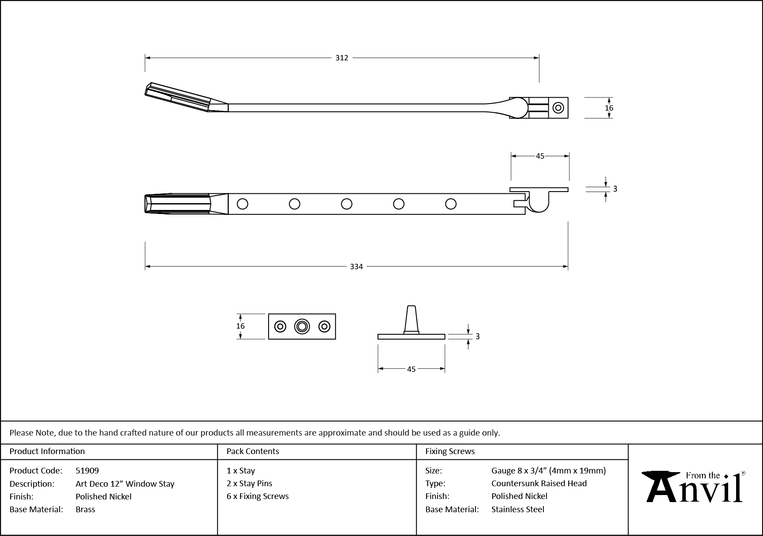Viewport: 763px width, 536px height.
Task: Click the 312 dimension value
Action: (342, 58)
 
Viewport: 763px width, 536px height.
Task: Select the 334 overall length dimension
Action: (356, 266)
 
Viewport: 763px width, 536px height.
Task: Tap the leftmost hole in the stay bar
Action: (242, 204)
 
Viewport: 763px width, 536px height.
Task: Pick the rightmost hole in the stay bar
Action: (451, 204)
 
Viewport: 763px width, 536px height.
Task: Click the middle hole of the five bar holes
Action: (347, 204)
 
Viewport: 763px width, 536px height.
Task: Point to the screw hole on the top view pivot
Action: (558, 108)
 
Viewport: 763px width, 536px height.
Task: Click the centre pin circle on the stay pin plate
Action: (302, 326)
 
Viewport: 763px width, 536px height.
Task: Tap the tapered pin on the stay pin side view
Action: (411, 319)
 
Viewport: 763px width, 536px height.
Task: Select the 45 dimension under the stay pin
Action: (411, 369)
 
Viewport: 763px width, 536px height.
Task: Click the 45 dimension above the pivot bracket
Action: (540, 156)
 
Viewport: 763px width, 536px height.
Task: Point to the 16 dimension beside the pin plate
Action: (240, 326)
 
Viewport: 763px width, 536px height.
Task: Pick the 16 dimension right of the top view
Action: (609, 108)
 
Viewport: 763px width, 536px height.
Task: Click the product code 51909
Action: (87, 470)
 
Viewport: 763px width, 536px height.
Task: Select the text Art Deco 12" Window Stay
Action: (125, 484)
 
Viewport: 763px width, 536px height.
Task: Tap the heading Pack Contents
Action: (253, 451)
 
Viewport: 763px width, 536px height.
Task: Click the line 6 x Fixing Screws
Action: (258, 496)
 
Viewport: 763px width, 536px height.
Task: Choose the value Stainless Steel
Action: (518, 509)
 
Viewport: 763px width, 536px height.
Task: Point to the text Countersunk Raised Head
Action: (539, 483)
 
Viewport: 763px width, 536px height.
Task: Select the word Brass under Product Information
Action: (85, 509)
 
